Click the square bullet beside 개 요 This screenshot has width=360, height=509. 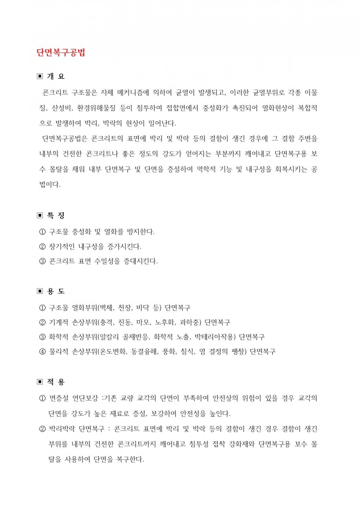click(x=40, y=76)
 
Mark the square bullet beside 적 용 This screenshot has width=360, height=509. click(x=40, y=382)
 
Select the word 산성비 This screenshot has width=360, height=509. click(x=60, y=108)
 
